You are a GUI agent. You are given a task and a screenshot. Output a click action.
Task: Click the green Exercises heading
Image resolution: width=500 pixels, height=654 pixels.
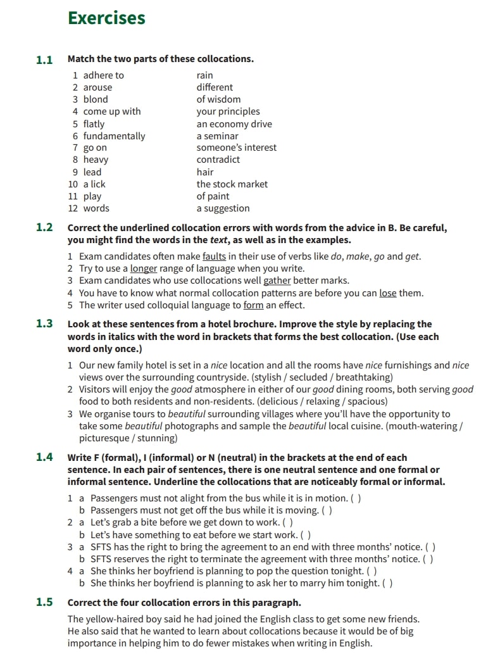click(x=106, y=18)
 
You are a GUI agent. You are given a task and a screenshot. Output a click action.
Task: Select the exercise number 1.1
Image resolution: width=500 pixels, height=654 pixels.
click(x=44, y=60)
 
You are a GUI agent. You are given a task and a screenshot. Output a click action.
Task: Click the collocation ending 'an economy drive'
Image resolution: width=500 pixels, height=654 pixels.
click(x=234, y=123)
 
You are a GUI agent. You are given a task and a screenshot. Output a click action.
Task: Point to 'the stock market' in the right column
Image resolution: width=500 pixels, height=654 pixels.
click(x=232, y=184)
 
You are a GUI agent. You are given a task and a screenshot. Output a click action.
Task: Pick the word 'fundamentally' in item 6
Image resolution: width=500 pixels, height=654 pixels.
click(x=114, y=135)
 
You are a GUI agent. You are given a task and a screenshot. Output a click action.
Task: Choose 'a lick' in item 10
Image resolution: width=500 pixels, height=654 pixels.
click(x=94, y=184)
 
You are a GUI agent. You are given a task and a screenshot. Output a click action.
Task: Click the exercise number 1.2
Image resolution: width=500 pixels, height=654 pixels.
click(x=44, y=227)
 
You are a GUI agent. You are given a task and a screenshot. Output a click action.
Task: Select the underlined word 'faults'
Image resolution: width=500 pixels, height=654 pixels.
click(x=214, y=256)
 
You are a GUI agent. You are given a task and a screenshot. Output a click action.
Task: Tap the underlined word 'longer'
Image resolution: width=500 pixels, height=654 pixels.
click(x=143, y=268)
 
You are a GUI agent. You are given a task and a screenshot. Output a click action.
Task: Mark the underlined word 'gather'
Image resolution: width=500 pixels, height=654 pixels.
click(x=277, y=280)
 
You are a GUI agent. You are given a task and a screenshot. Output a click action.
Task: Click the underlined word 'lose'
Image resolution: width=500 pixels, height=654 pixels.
click(x=387, y=292)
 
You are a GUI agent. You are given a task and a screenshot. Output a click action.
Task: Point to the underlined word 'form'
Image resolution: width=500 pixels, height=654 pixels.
click(x=253, y=305)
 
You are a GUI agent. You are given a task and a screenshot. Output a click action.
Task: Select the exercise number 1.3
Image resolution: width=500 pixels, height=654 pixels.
click(x=44, y=324)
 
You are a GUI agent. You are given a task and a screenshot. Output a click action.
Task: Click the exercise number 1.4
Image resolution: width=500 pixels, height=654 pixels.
click(x=44, y=457)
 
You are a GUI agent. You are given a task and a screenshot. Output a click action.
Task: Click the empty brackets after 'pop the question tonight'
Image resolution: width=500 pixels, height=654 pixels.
click(x=372, y=570)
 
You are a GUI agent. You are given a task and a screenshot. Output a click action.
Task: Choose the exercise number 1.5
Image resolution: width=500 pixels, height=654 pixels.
click(x=44, y=602)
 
